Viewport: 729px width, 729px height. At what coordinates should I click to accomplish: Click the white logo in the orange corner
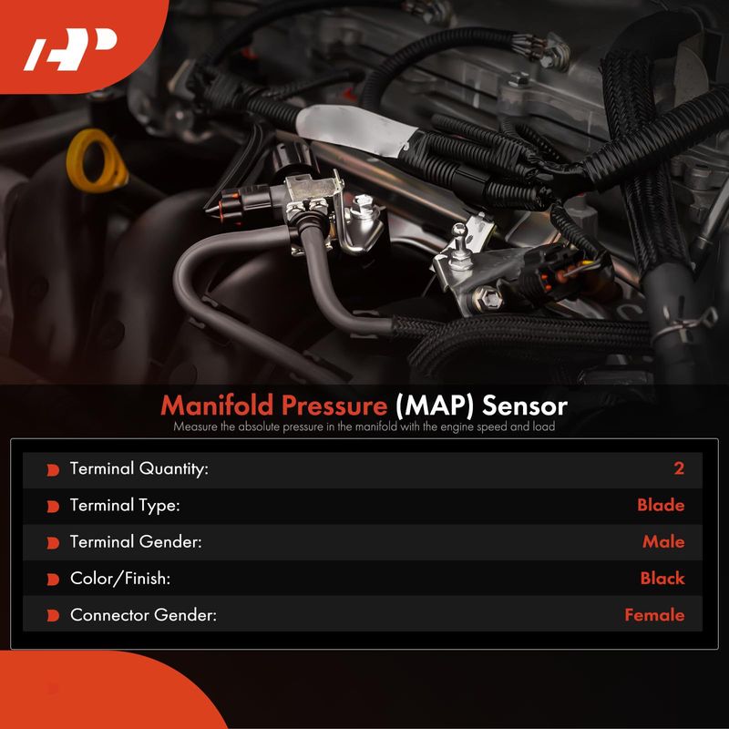pyautogui.click(x=70, y=49)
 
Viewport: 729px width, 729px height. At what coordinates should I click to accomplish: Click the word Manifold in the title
pyautogui.click(x=217, y=405)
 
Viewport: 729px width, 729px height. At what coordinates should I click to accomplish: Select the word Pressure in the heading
pyautogui.click(x=334, y=406)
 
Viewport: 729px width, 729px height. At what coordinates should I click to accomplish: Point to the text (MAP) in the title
pyautogui.click(x=435, y=406)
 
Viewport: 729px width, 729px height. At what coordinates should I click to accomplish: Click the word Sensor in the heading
pyautogui.click(x=525, y=406)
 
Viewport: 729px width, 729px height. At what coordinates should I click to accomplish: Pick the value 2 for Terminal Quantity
pyautogui.click(x=679, y=468)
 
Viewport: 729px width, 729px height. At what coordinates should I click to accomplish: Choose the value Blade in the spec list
pyautogui.click(x=661, y=505)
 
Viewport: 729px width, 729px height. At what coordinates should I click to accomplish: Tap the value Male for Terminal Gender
pyautogui.click(x=663, y=541)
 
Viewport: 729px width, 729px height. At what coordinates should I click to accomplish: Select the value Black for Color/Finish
pyautogui.click(x=662, y=579)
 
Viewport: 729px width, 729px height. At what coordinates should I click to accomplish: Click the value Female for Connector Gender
pyautogui.click(x=654, y=615)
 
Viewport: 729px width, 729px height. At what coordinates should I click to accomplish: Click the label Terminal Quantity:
pyautogui.click(x=139, y=468)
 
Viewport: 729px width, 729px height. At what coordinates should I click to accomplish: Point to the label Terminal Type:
pyautogui.click(x=125, y=506)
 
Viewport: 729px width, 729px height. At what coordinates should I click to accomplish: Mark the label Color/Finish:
pyautogui.click(x=120, y=579)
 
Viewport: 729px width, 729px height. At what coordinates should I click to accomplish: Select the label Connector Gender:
pyautogui.click(x=143, y=615)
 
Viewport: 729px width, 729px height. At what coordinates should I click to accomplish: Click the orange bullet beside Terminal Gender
pyautogui.click(x=53, y=543)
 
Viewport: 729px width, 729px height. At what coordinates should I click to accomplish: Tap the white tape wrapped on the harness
pyautogui.click(x=355, y=129)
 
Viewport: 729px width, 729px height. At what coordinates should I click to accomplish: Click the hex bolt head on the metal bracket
pyautogui.click(x=488, y=298)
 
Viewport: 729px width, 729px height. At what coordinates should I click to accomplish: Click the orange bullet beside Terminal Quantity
pyautogui.click(x=53, y=470)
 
